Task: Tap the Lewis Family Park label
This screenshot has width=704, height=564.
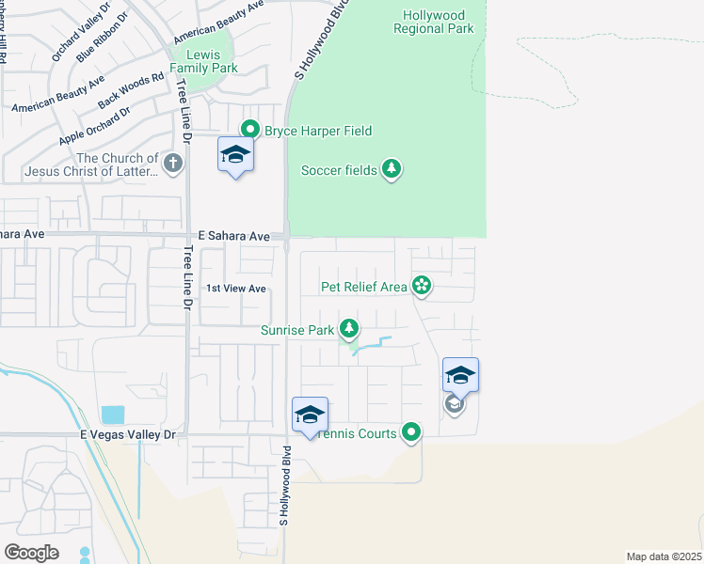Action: click(x=203, y=61)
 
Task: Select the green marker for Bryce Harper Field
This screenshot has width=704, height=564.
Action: click(x=250, y=130)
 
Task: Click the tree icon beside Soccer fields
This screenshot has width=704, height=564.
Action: click(x=392, y=169)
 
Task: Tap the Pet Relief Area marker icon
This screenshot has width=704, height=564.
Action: click(x=422, y=286)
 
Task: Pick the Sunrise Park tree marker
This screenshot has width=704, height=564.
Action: click(x=349, y=329)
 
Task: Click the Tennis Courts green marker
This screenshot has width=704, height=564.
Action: click(x=411, y=432)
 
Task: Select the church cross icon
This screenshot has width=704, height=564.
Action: click(x=172, y=164)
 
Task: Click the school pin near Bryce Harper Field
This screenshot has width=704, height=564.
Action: click(x=235, y=156)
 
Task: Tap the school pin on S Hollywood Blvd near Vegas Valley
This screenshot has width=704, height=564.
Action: click(x=310, y=415)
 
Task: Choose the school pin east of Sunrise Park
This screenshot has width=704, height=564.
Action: click(x=460, y=376)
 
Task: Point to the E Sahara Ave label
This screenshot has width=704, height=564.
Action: click(x=234, y=236)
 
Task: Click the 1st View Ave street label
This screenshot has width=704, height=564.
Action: click(x=236, y=289)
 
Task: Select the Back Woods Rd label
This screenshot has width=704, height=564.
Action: click(x=124, y=87)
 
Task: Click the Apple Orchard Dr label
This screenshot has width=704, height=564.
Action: click(x=94, y=127)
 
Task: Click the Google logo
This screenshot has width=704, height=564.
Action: click(x=31, y=553)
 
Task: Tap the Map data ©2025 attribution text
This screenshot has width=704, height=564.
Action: click(x=664, y=556)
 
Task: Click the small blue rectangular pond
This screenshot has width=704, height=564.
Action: click(x=112, y=415)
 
